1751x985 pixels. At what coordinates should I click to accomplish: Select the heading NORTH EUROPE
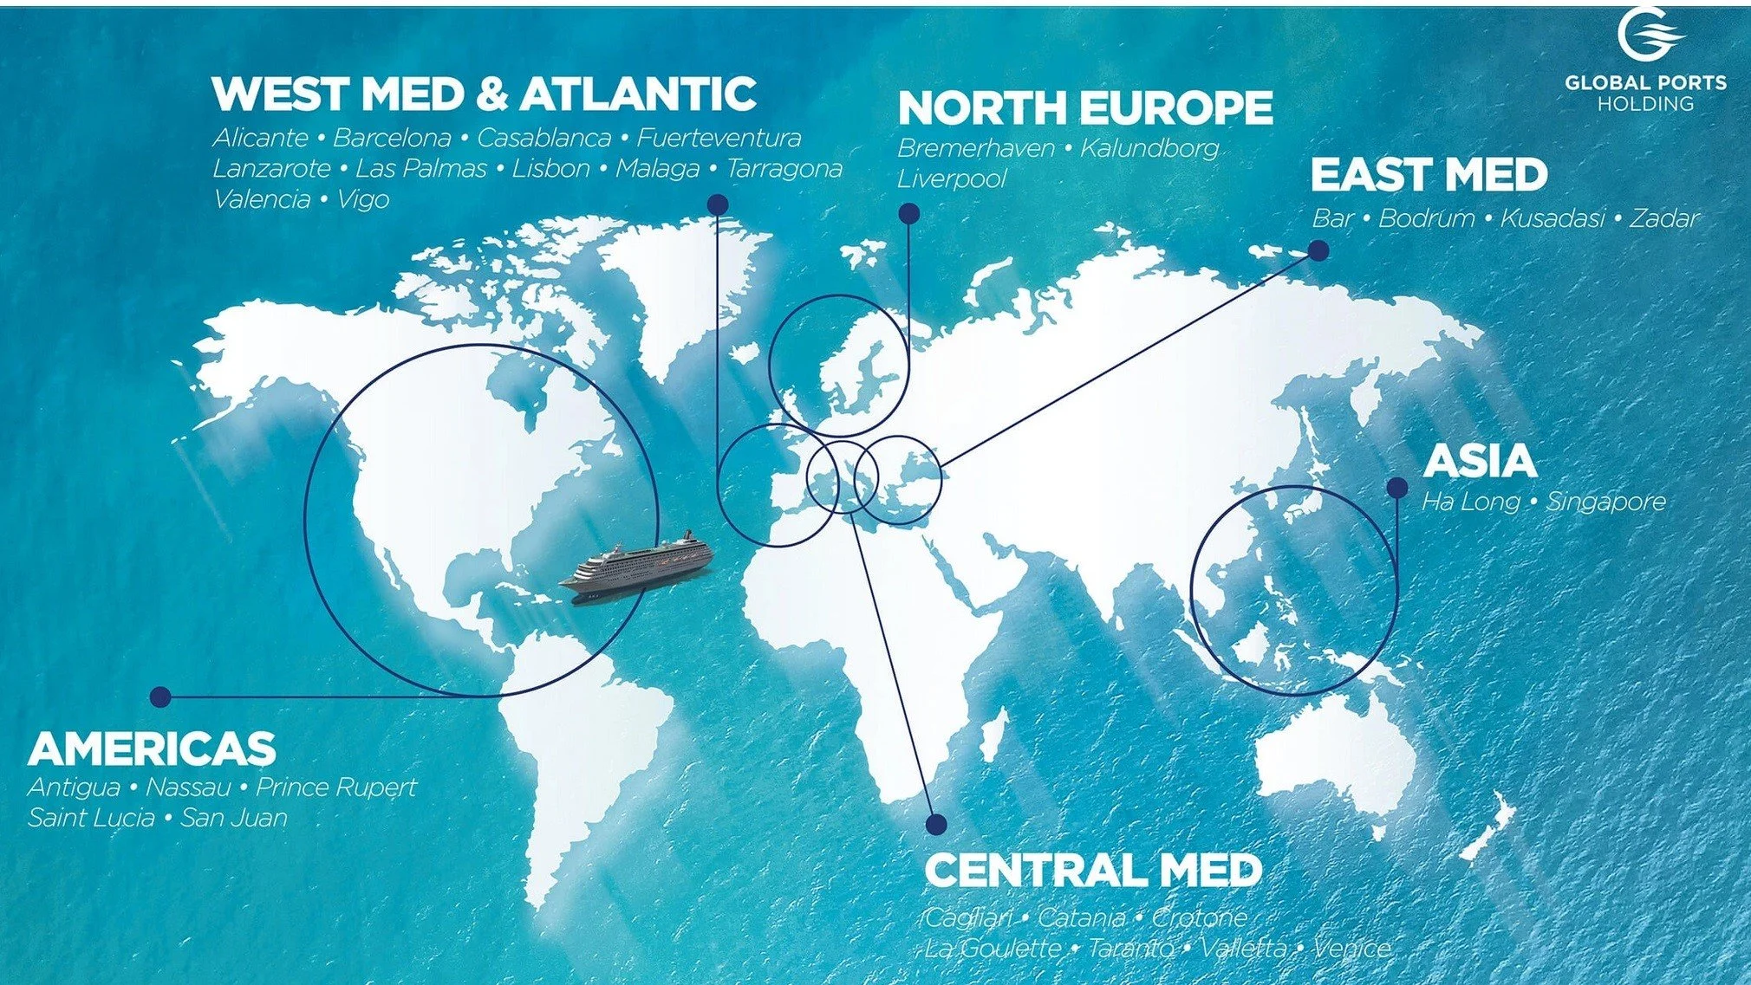point(1085,108)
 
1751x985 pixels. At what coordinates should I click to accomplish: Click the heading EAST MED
point(1429,175)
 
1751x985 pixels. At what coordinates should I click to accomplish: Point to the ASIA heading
point(1480,461)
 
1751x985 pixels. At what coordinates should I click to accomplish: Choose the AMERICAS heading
point(153,748)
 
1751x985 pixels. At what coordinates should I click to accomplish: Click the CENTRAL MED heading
point(1093,871)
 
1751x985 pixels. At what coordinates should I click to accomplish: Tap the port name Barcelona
point(392,138)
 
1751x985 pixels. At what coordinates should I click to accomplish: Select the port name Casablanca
point(544,138)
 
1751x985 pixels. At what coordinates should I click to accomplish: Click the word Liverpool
point(952,179)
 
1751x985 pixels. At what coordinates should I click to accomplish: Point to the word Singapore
point(1606,502)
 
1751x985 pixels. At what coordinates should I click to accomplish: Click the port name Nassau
point(188,787)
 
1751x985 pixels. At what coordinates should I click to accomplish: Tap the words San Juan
point(234,818)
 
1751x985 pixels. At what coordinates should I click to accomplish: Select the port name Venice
point(1351,948)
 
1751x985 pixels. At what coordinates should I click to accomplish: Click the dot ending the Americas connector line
point(160,697)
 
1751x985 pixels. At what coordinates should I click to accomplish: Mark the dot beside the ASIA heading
point(1396,488)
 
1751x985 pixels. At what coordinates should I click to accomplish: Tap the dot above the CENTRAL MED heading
point(936,824)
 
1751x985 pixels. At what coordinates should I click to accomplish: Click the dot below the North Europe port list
point(908,213)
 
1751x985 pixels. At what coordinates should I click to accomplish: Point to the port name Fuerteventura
point(719,138)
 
